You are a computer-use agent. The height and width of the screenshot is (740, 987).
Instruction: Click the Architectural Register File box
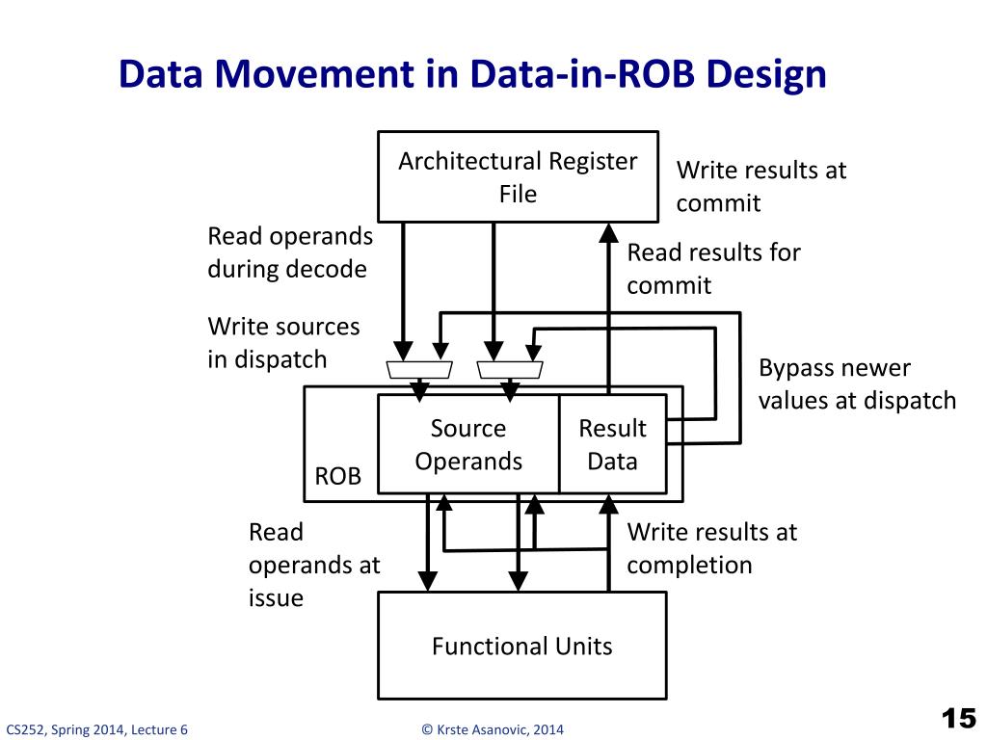[x=518, y=176]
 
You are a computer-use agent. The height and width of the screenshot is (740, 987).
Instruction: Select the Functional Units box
[x=521, y=645]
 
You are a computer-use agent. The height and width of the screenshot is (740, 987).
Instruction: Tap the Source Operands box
[x=468, y=444]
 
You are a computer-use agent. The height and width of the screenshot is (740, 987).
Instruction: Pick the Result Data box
[x=612, y=444]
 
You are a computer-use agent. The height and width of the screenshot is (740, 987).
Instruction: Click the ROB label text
[x=338, y=477]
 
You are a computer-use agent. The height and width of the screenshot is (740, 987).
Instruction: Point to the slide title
[x=472, y=74]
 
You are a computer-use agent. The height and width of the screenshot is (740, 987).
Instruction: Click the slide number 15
[x=957, y=719]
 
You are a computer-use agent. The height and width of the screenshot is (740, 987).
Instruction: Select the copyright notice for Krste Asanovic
[x=493, y=729]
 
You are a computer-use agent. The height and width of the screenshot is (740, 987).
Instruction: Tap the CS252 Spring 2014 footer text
[x=96, y=729]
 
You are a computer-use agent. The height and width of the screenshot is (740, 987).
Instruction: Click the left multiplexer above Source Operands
[x=419, y=369]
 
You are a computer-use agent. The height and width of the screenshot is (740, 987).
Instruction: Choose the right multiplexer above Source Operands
[x=511, y=369]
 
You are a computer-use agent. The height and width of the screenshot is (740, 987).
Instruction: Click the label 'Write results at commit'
[x=760, y=187]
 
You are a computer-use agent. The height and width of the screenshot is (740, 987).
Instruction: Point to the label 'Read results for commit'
[x=713, y=269]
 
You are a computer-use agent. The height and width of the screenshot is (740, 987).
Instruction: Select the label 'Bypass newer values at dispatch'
[x=857, y=384]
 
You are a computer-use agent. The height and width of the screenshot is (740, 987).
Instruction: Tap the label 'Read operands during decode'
[x=289, y=252]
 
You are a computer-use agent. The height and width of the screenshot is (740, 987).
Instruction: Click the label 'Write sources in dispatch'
[x=283, y=343]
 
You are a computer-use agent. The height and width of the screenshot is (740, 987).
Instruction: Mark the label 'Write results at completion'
[x=711, y=548]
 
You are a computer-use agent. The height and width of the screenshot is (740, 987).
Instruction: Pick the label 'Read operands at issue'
[x=313, y=565]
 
